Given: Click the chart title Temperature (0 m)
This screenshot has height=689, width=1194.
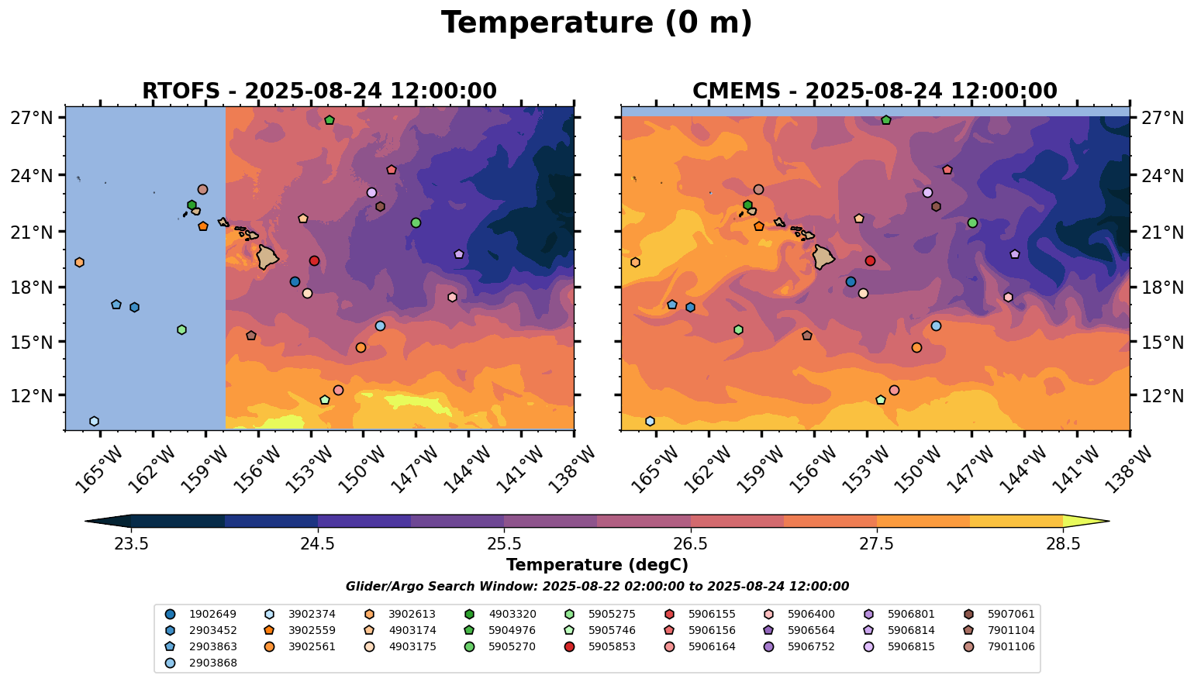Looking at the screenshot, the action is [596, 23].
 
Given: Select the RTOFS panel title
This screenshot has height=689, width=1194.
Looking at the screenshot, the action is [319, 91].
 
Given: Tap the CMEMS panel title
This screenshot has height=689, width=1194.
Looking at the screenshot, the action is [875, 91].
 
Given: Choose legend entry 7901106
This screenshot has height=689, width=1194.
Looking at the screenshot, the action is [999, 646].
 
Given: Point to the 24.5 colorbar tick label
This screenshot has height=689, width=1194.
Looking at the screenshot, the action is [318, 543].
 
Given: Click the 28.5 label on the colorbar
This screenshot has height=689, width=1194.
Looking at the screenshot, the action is [1064, 543].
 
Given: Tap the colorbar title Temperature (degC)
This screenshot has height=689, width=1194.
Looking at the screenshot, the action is [597, 564].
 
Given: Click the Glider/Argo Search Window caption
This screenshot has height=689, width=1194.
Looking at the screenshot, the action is [597, 586].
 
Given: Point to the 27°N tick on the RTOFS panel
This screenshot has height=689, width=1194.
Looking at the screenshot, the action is [32, 117].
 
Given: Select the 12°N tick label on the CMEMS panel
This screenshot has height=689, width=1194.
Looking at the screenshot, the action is [1161, 395].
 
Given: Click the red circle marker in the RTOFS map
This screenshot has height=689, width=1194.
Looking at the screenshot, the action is [315, 260].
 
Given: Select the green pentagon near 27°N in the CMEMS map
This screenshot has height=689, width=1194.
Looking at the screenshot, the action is [886, 120].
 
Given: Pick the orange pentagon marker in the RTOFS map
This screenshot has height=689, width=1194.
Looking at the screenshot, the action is [203, 226].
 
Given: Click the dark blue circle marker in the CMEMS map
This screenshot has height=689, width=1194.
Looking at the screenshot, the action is [851, 281].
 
